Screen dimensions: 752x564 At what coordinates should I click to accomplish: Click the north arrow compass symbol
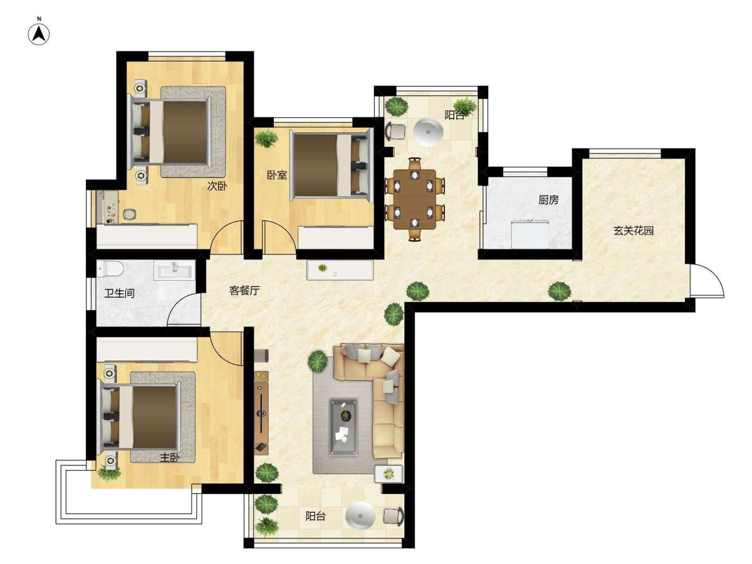(39, 34)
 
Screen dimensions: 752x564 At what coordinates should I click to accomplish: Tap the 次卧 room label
(217, 186)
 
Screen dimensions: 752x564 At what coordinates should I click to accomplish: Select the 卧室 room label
(277, 175)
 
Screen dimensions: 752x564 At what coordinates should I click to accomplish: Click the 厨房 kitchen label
(548, 200)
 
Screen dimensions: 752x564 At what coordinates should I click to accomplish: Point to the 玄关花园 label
(634, 231)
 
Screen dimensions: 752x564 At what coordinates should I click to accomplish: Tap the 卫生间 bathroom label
(119, 293)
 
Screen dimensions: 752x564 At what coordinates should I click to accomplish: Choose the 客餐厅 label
(244, 291)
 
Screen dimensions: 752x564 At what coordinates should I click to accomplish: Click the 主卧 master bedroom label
(170, 458)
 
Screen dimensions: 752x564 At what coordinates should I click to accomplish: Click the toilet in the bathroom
(110, 269)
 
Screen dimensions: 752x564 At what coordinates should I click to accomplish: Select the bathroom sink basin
(175, 269)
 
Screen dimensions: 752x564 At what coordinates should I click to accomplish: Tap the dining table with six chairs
(415, 199)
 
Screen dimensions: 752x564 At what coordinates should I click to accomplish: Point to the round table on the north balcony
(428, 132)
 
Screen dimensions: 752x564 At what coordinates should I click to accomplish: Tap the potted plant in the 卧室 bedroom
(266, 138)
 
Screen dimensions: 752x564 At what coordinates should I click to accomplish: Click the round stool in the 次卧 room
(130, 214)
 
